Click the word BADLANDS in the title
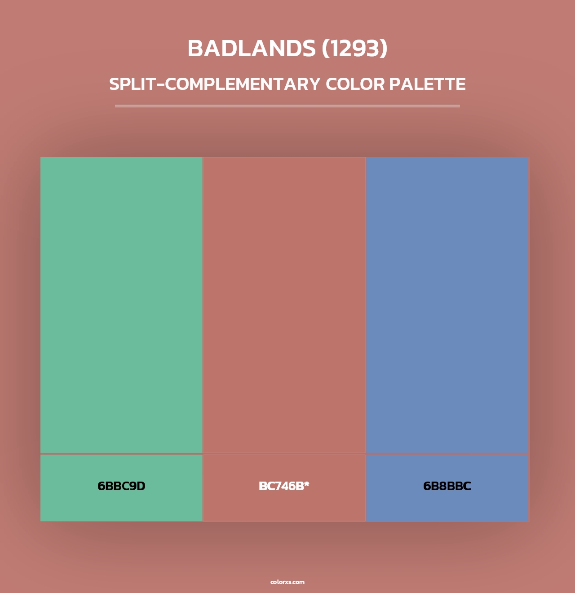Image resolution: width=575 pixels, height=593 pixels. tap(252, 49)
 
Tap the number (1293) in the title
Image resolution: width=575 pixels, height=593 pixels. tap(354, 49)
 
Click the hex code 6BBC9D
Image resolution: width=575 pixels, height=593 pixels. tap(121, 486)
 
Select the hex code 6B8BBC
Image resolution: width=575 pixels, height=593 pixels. tap(447, 486)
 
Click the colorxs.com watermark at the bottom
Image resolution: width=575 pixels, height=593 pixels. tap(287, 582)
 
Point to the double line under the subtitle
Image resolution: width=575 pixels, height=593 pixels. tap(287, 106)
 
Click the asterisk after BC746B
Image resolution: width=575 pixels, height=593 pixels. tap(307, 484)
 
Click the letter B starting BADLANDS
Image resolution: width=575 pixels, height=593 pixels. tap(195, 49)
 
